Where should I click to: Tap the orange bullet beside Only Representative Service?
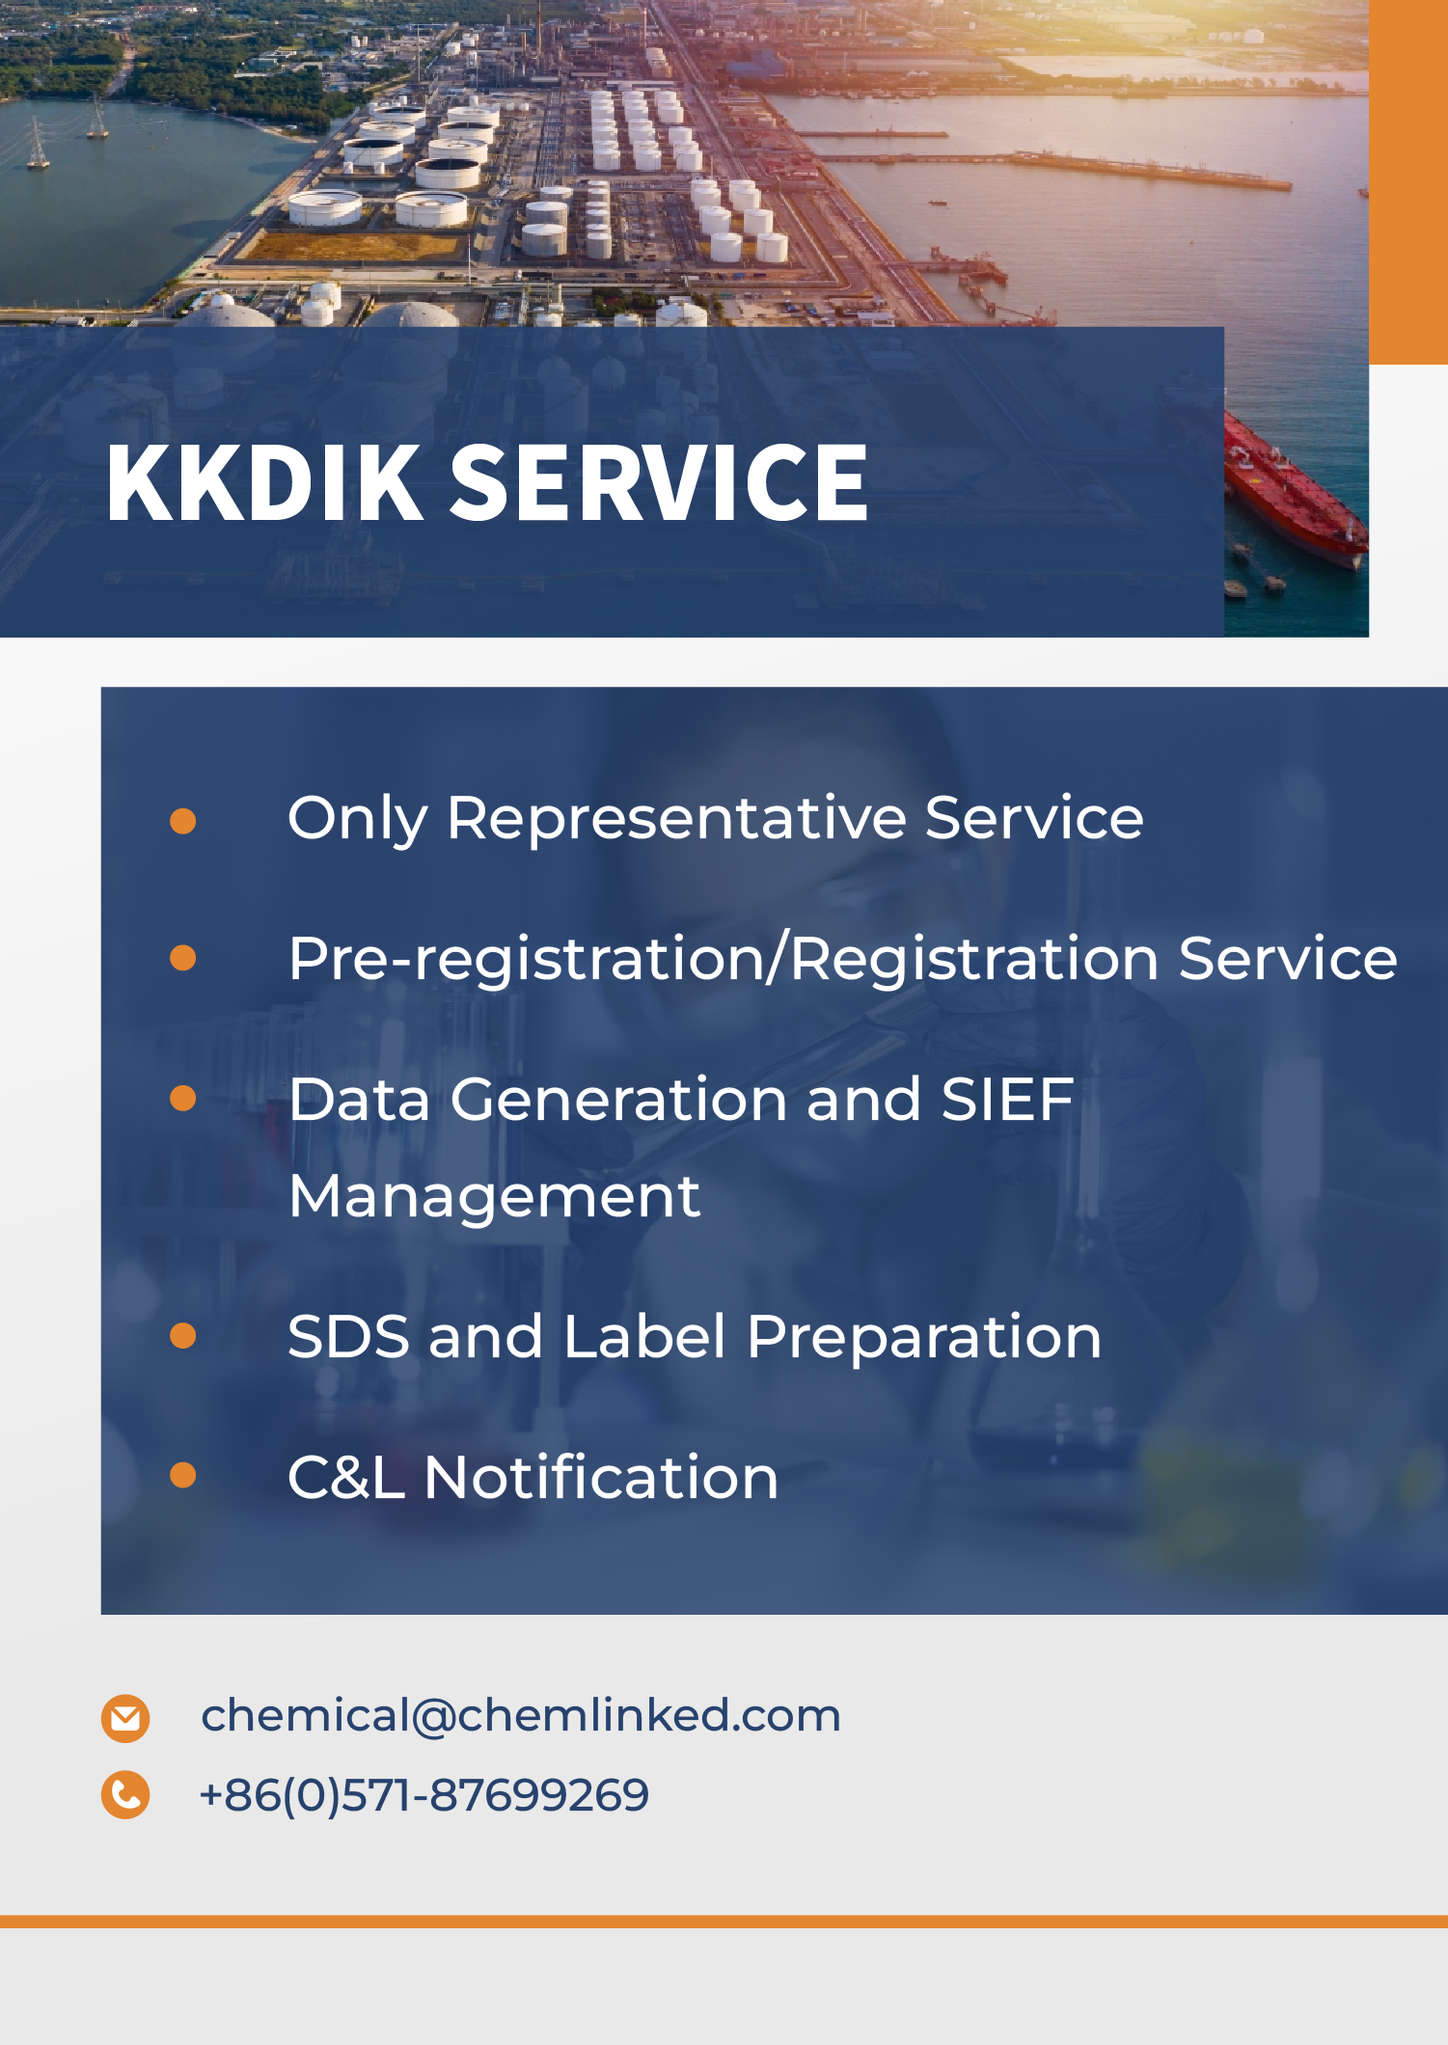pos(182,821)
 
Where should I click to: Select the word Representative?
pos(676,820)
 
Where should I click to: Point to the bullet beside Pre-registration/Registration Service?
pos(182,958)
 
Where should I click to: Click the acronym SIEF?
pos(1007,1100)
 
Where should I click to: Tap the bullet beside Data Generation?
pos(182,1099)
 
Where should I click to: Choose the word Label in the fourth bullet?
pos(644,1337)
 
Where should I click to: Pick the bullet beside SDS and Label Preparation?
pos(182,1336)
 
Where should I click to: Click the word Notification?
pos(601,1477)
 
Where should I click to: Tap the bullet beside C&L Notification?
pos(182,1476)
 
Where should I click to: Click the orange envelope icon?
pos(125,1718)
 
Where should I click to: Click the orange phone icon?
pos(125,1795)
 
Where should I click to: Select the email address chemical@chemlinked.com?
pos(521,1716)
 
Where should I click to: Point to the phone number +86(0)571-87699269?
pos(424,1796)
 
